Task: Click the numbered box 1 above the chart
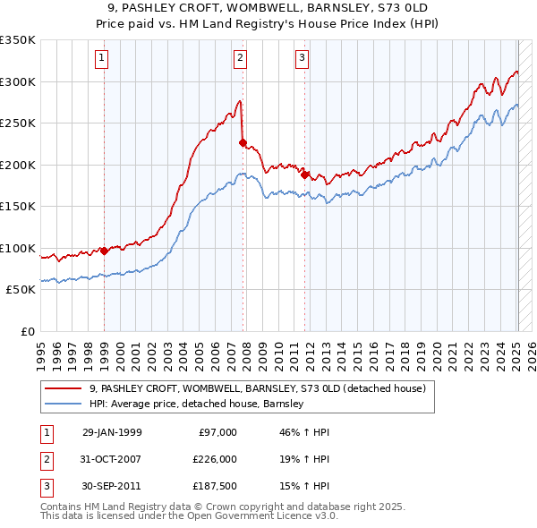click(x=103, y=59)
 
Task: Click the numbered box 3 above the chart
click(x=302, y=59)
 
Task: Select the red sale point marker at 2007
click(x=243, y=142)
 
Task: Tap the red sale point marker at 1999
click(x=104, y=251)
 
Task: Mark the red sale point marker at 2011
click(x=305, y=175)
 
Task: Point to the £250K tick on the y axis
click(x=17, y=123)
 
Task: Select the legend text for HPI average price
click(x=197, y=404)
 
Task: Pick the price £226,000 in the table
click(x=215, y=458)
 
